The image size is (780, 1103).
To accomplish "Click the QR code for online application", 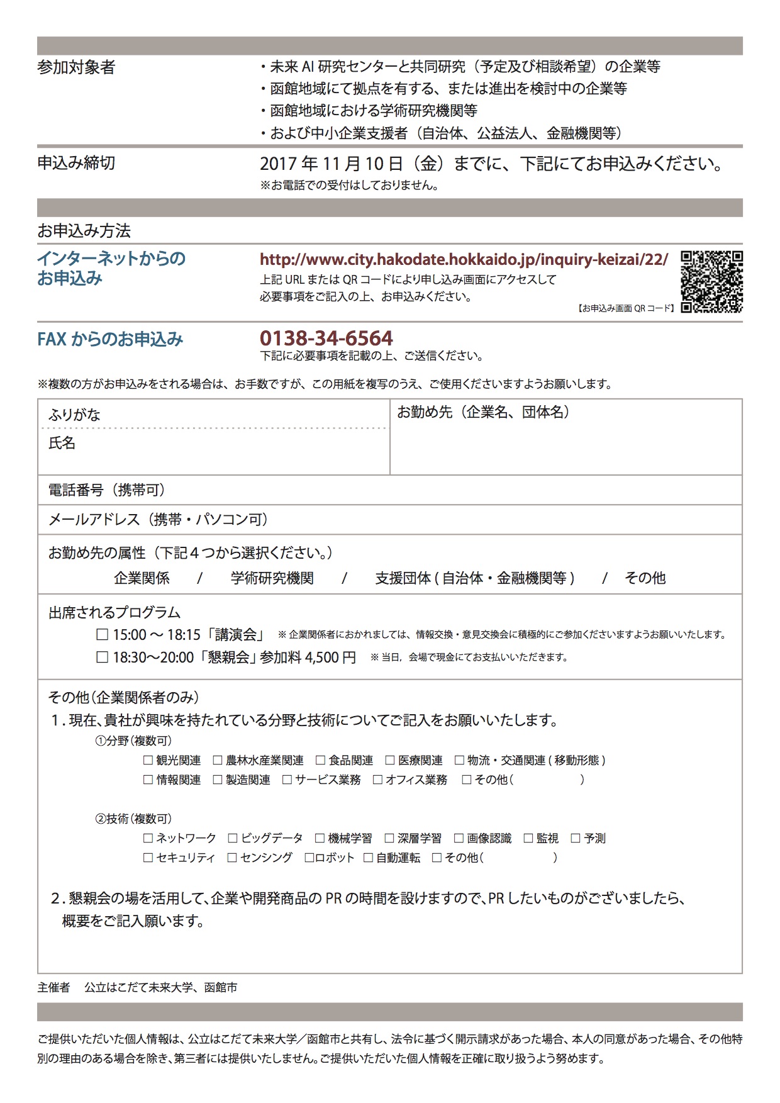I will coord(711,282).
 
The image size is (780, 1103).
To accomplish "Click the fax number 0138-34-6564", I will coord(326,339).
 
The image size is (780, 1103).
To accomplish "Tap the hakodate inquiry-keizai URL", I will coord(464,259).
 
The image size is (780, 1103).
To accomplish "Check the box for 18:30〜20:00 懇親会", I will coord(102,658).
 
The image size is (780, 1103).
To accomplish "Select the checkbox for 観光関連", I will coord(148,761).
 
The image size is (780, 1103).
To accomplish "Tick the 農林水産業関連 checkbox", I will coord(218,761).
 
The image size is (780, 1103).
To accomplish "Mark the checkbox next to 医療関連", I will coord(390,761).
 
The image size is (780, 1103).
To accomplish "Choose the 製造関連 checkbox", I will coord(218,780).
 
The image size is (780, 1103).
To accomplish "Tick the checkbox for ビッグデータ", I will coord(233,839).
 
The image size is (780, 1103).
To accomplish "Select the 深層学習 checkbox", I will coord(389,839).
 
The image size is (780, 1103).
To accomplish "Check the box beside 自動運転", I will coord(369,858).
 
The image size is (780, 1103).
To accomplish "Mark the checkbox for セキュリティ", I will coord(148,858).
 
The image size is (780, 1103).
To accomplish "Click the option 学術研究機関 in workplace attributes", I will coord(272,578).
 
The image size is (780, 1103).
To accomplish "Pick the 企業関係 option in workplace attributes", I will coord(142,578).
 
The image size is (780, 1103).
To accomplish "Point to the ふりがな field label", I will coord(74,415).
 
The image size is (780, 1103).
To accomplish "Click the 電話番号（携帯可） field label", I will coord(106,490).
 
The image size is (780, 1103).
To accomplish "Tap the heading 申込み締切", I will coord(76,163).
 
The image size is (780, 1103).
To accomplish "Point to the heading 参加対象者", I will coord(76,67).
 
